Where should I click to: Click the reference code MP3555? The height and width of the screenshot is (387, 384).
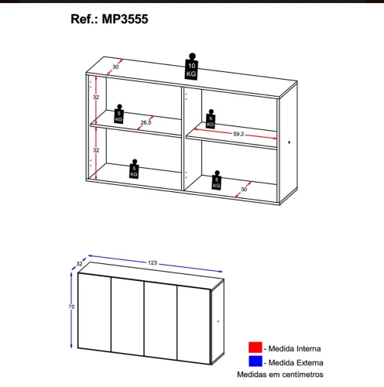pyautogui.click(x=125, y=19)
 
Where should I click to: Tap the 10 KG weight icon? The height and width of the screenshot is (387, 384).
pyautogui.click(x=191, y=67)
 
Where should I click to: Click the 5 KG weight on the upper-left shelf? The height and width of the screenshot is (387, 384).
pyautogui.click(x=118, y=114)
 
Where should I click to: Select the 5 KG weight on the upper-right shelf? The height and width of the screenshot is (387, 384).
pyautogui.click(x=211, y=119)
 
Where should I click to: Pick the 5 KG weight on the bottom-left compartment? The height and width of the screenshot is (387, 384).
pyautogui.click(x=134, y=169)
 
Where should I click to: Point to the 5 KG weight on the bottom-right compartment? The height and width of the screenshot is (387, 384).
pyautogui.click(x=217, y=180)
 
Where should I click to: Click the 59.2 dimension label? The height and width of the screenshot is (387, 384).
pyautogui.click(x=238, y=134)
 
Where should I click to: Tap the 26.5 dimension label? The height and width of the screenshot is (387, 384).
pyautogui.click(x=146, y=122)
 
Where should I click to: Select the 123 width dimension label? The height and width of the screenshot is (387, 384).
pyautogui.click(x=153, y=262)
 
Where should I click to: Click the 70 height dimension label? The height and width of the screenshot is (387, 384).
pyautogui.click(x=71, y=307)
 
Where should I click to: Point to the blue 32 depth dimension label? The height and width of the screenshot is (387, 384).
pyautogui.click(x=79, y=264)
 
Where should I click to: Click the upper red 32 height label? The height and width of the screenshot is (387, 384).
pyautogui.click(x=96, y=98)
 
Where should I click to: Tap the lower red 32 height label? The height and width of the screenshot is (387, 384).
pyautogui.click(x=96, y=150)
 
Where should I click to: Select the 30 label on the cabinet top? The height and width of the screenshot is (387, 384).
pyautogui.click(x=115, y=67)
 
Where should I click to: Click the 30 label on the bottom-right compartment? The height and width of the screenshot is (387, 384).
pyautogui.click(x=244, y=190)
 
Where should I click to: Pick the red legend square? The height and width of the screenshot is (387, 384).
pyautogui.click(x=255, y=347)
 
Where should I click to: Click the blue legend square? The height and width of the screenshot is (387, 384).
pyautogui.click(x=255, y=361)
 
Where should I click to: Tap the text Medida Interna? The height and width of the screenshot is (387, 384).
pyautogui.click(x=294, y=348)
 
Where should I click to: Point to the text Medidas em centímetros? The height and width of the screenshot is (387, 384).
pyautogui.click(x=280, y=375)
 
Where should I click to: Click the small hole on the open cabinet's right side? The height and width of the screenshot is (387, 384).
pyautogui.click(x=290, y=142)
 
